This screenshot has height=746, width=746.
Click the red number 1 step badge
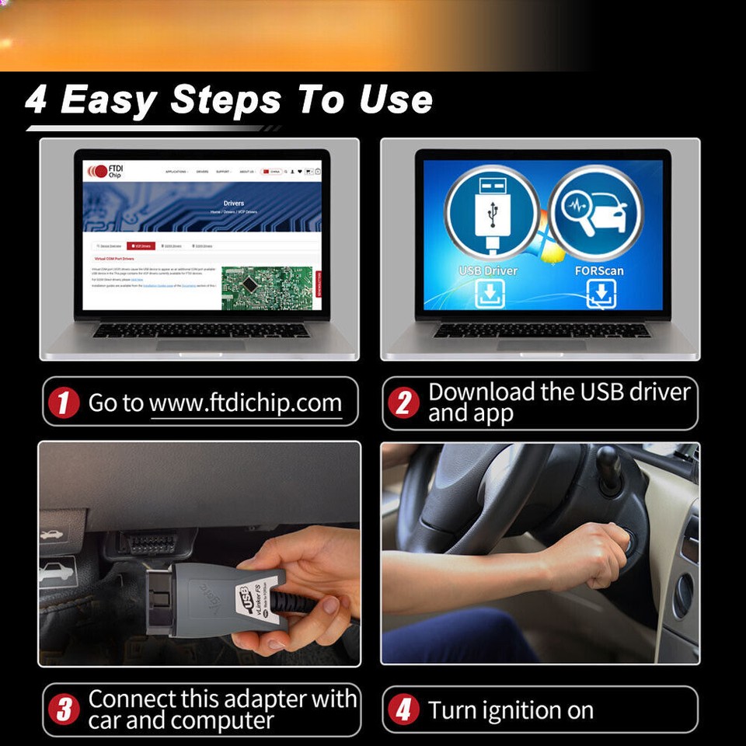coord(64,403)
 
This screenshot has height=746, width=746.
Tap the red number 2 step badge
coord(403,403)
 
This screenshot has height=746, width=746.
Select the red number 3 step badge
coord(64,709)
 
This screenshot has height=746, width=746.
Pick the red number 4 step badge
coord(403,710)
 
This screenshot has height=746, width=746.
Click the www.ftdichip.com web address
coord(246,403)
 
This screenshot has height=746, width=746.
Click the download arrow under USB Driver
coord(490,294)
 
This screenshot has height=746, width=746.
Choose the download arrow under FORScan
coord(601,294)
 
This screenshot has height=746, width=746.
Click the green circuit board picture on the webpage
coord(266,288)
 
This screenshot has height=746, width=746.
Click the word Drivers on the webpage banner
coord(233,204)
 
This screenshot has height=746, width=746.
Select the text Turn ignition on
coord(511,710)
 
